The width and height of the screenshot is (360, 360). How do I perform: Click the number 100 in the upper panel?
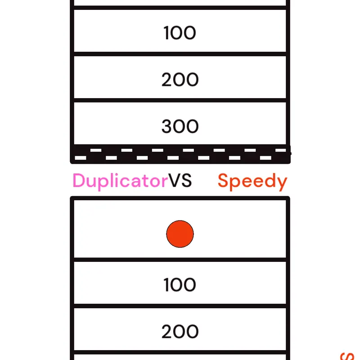click(180, 33)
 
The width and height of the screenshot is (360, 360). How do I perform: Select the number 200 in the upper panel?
click(180, 80)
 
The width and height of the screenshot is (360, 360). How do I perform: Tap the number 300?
click(180, 126)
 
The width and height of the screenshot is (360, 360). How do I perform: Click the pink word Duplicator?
click(120, 181)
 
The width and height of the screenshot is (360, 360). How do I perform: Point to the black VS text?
click(180, 181)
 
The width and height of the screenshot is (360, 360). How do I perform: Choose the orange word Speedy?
click(252, 182)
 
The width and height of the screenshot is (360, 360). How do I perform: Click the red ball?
click(180, 234)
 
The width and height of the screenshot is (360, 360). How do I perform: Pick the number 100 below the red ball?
click(180, 285)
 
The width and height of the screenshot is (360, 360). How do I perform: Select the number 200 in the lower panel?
click(180, 331)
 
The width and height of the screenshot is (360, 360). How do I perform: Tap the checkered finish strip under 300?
click(180, 154)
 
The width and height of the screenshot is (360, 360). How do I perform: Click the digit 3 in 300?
click(167, 126)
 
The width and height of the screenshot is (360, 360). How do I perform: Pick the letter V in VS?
click(175, 181)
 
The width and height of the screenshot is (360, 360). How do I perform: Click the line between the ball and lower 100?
click(180, 260)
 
